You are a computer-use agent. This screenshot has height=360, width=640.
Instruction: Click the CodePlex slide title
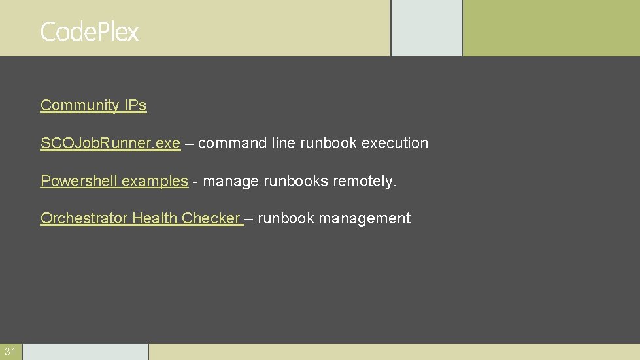coord(90,31)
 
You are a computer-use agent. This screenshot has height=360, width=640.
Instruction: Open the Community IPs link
coord(93,105)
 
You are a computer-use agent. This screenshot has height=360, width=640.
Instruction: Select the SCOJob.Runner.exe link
coord(110,143)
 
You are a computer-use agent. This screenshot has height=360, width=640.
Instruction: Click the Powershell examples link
coord(114,181)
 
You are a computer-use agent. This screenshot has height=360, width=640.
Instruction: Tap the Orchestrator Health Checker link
coord(141,218)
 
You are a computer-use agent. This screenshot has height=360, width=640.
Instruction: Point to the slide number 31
coord(10,352)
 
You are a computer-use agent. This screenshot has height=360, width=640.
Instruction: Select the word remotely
coord(364,181)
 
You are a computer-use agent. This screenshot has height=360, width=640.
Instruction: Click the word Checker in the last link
coord(211,218)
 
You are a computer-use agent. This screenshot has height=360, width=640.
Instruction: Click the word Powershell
coord(79,181)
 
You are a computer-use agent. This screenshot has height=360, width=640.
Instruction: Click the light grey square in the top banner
coord(426,27)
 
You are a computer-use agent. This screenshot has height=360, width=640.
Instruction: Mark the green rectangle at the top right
coord(551,27)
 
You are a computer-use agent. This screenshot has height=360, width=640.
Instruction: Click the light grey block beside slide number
coord(85,352)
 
